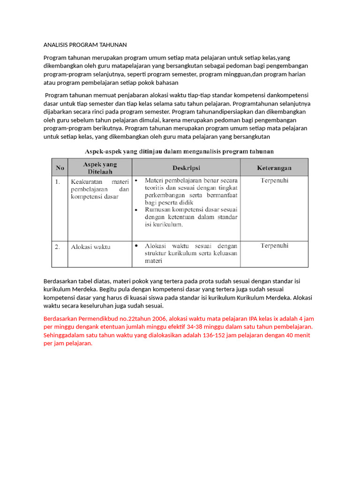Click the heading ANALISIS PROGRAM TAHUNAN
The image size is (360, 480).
85,45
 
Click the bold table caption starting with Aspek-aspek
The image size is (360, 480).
179,151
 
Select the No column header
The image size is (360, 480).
60,167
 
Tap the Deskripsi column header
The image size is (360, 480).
186,167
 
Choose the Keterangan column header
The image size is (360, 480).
274,167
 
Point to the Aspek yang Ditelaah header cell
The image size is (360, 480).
100,167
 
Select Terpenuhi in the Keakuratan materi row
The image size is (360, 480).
274,180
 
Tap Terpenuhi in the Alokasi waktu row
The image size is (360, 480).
274,246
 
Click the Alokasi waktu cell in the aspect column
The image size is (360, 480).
90,247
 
